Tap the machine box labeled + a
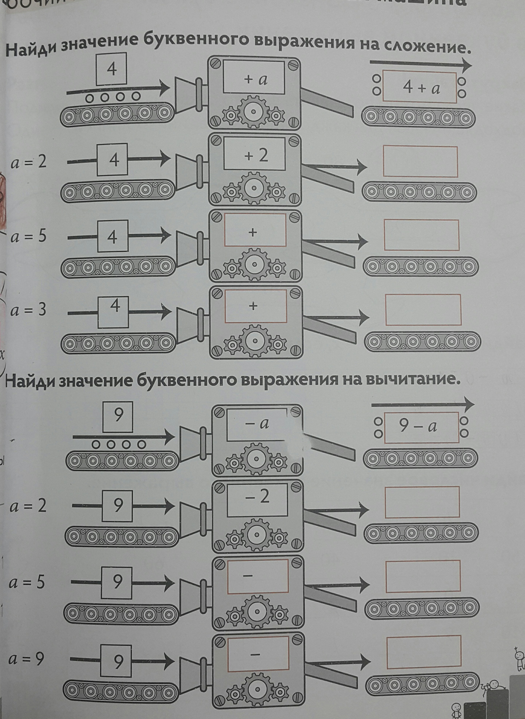[x=254, y=77]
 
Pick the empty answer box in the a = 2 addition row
[x=420, y=161]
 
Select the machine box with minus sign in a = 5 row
[x=258, y=576]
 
